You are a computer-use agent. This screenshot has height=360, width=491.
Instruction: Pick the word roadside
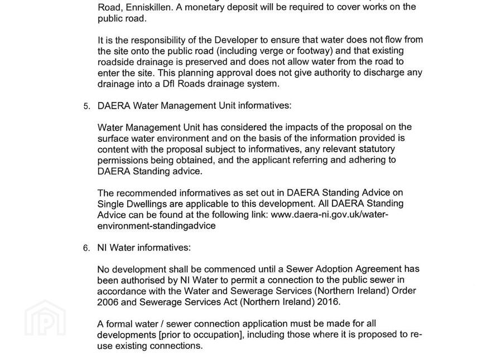coord(115,61)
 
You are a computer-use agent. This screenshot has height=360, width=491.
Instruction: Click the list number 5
coord(86,106)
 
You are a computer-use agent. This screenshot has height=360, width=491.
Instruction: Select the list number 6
coord(86,248)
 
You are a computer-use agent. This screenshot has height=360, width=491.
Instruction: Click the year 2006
coord(107,302)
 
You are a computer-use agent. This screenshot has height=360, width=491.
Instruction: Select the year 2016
coord(328,302)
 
